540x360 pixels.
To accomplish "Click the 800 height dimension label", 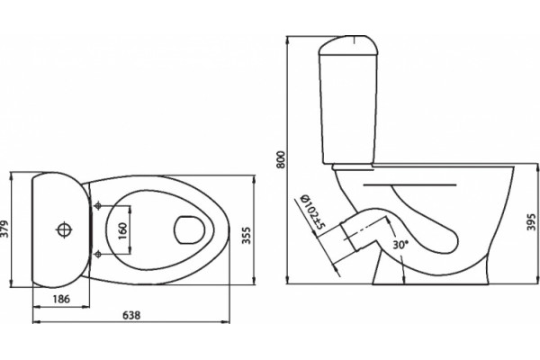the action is (x=282, y=159).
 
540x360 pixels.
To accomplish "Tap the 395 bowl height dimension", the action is (x=531, y=222).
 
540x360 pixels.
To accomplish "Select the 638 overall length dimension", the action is (x=131, y=315).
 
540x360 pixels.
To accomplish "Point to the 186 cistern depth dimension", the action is (x=61, y=298).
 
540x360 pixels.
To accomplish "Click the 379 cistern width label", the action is (x=4, y=229).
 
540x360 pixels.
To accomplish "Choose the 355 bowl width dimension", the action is (x=246, y=235).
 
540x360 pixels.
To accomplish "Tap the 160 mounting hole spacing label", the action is (x=122, y=231).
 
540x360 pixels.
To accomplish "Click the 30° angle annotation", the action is (x=400, y=245).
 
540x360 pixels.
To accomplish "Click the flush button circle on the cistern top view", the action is (x=64, y=229).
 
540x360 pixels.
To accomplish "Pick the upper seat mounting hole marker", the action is (x=98, y=206).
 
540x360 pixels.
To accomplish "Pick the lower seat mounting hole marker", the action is (x=98, y=255).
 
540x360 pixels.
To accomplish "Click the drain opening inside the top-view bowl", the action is (x=189, y=230).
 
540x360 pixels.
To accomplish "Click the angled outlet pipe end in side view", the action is (x=350, y=237).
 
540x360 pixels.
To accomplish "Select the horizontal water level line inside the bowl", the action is (x=409, y=185).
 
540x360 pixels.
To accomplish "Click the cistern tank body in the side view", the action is (x=348, y=109).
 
